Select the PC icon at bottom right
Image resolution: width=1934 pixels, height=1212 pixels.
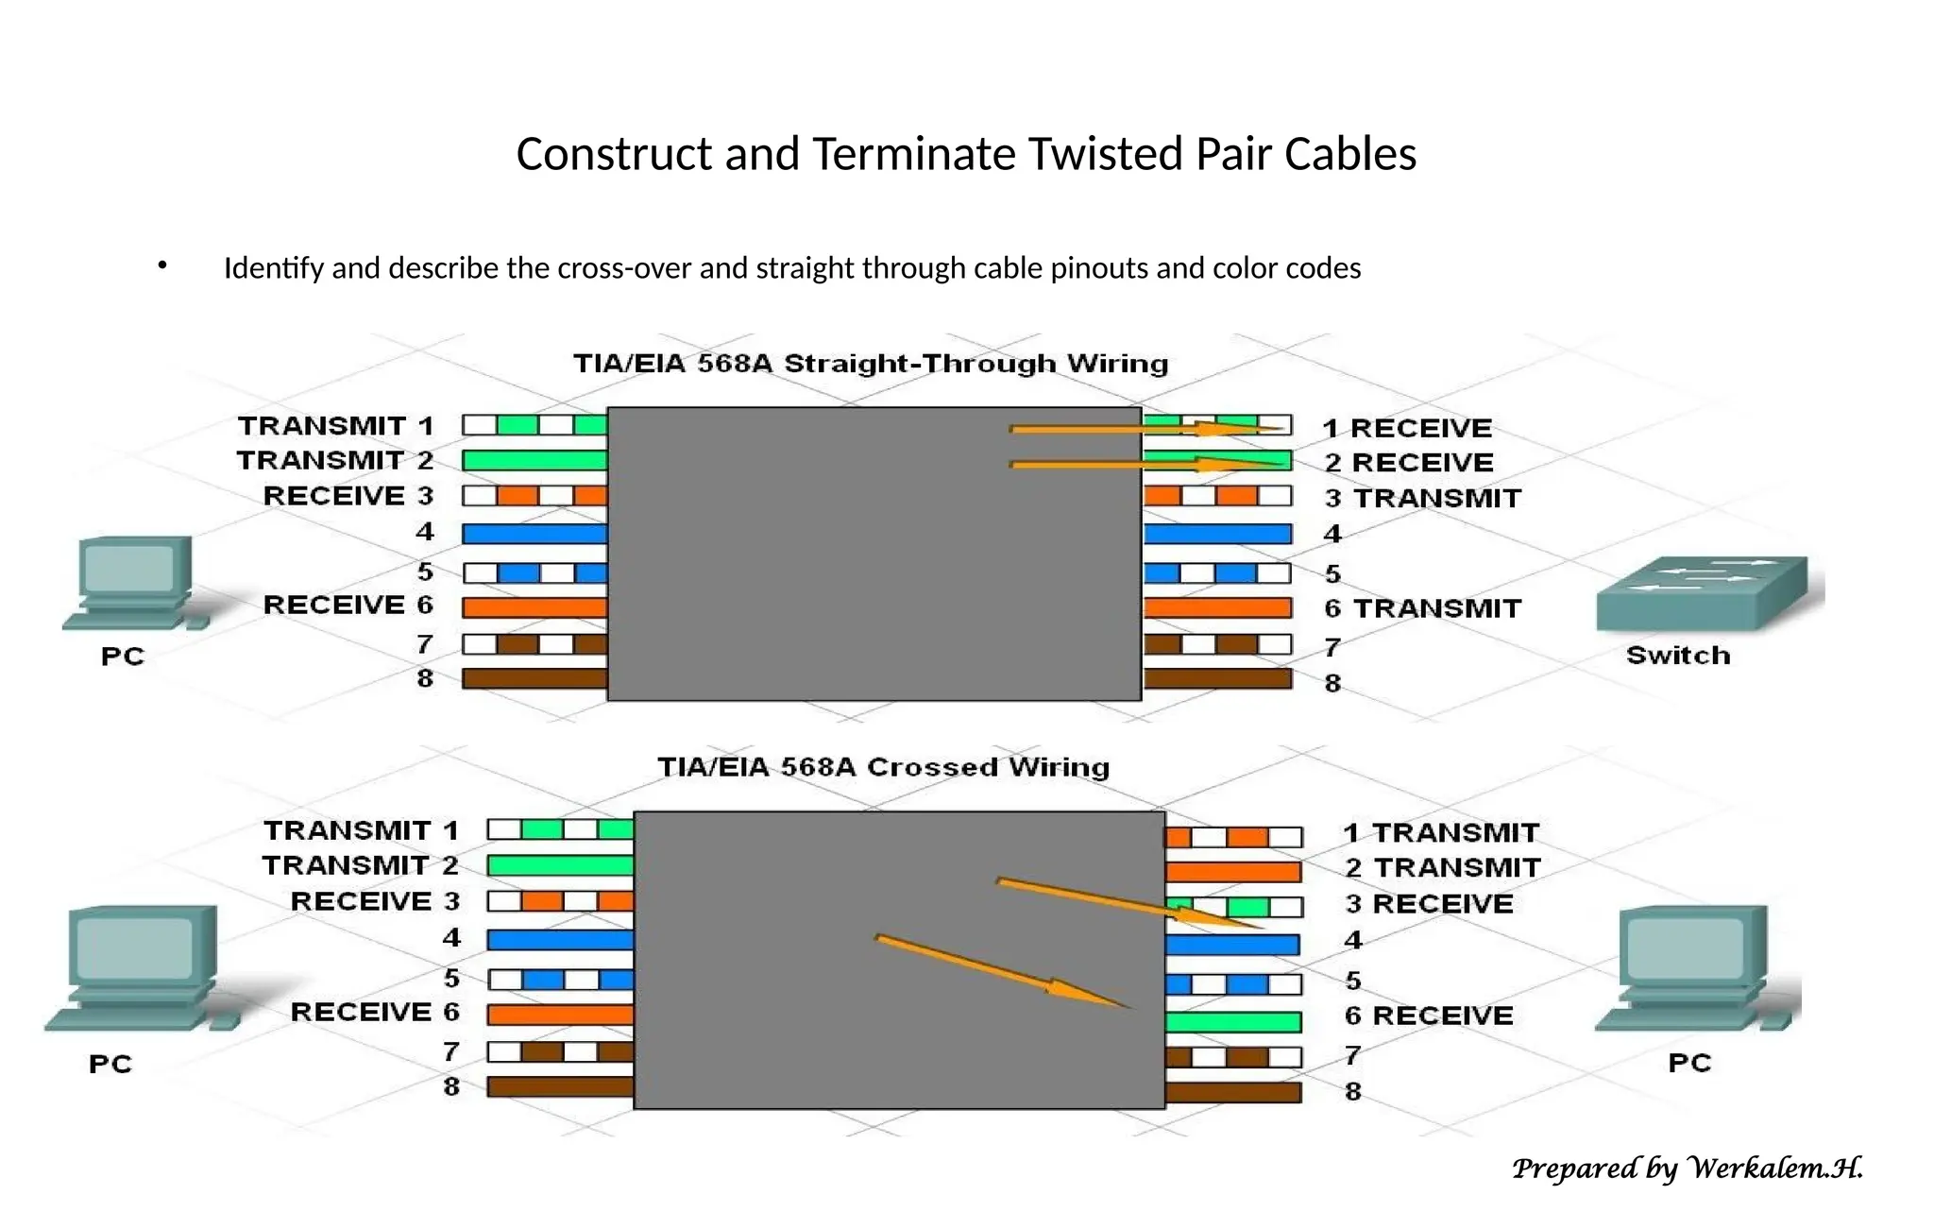[x=1694, y=968]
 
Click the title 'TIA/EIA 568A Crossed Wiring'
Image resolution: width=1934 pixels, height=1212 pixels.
[x=883, y=767]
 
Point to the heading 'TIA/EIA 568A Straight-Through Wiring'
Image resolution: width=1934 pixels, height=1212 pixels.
[x=871, y=364]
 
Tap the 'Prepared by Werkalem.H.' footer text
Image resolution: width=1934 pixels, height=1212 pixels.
[x=1687, y=1169]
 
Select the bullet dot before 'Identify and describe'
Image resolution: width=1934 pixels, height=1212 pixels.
[x=162, y=266]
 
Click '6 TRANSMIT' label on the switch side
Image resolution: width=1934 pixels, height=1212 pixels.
[x=1422, y=608]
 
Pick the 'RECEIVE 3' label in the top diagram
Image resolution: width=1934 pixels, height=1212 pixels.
[x=348, y=496]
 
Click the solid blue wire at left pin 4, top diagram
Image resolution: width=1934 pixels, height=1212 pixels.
[x=534, y=534]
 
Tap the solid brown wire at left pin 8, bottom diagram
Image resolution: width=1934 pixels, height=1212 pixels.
[x=559, y=1086]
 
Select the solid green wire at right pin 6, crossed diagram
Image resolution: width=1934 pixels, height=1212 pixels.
[x=1232, y=1021]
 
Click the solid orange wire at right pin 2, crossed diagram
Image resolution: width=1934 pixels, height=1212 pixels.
[x=1232, y=871]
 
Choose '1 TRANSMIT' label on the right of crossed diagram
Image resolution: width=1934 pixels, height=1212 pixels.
[x=1441, y=833]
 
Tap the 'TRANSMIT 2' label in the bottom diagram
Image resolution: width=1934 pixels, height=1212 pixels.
[x=361, y=865]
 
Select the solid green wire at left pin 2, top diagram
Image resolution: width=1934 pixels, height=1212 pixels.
[x=534, y=461]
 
